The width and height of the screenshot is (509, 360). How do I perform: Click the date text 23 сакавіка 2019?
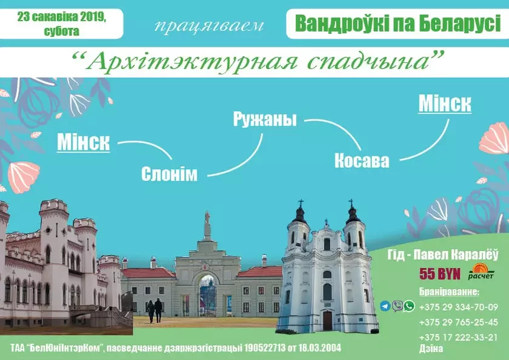pyautogui.click(x=62, y=18)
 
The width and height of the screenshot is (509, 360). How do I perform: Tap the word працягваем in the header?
pyautogui.click(x=209, y=26)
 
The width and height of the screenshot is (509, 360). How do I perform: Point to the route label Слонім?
pyautogui.click(x=169, y=174)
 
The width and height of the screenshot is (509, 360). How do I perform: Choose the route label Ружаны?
pyautogui.click(x=265, y=120)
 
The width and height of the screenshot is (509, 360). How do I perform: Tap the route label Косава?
pyautogui.click(x=362, y=161)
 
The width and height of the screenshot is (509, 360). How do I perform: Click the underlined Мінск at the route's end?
pyautogui.click(x=445, y=104)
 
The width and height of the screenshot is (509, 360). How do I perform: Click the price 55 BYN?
pyautogui.click(x=439, y=274)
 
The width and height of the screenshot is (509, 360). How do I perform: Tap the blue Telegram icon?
pyautogui.click(x=385, y=306)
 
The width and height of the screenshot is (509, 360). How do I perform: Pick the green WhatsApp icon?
pyautogui.click(x=409, y=306)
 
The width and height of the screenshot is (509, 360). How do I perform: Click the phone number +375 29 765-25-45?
pyautogui.click(x=458, y=322)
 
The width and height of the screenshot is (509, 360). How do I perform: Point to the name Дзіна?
pyautogui.click(x=431, y=348)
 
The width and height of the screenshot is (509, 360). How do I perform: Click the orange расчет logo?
pyautogui.click(x=481, y=271)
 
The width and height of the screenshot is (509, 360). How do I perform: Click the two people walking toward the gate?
pyautogui.click(x=155, y=310)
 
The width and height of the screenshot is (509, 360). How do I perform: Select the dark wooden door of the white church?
pyautogui.click(x=327, y=321)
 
